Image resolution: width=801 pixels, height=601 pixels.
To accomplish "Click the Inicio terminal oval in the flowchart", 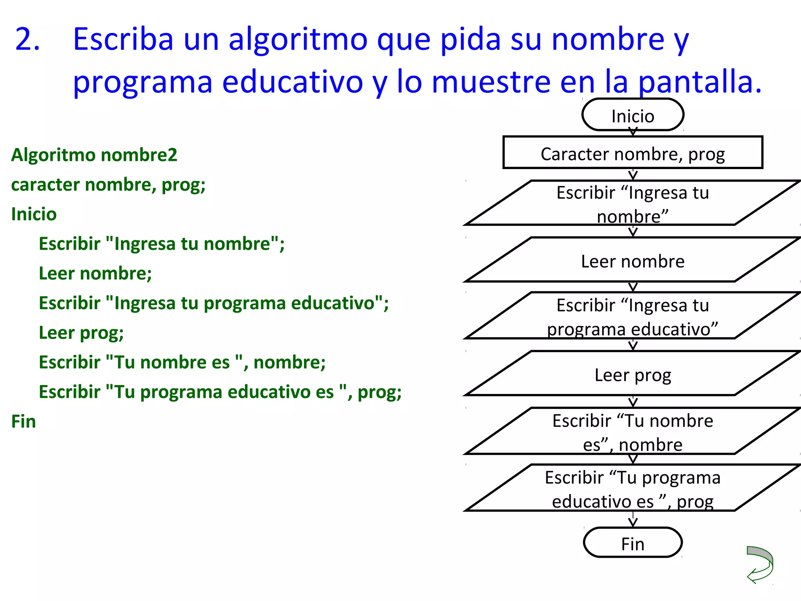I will coord(632,115).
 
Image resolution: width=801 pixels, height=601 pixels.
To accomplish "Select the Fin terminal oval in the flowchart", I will coord(632,543).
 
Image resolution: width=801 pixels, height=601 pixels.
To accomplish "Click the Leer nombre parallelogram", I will coord(632,260).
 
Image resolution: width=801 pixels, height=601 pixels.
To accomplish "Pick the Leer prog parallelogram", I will coord(632,374).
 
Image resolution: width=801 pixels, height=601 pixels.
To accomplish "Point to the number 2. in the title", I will coord(27,39).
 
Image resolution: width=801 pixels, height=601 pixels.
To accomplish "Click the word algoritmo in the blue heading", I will coord(298,40).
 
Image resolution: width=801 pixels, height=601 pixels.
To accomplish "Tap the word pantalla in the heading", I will coord(700,82).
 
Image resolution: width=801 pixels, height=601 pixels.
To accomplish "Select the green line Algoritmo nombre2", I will coord(94,155).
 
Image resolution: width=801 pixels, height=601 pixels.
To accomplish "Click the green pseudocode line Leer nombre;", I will coord(95,273).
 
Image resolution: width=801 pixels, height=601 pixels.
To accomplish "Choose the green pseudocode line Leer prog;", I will coord(81,333).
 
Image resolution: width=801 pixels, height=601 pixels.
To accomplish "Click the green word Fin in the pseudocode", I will coord(23,421).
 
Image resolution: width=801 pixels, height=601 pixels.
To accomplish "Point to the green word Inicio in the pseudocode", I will coord(34,214).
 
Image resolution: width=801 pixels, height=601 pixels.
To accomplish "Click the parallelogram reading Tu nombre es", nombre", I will coord(632,432).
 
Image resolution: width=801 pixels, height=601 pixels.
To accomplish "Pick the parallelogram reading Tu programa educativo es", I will coord(632,488).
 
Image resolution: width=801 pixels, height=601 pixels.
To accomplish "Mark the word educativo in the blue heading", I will coord(293,82).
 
